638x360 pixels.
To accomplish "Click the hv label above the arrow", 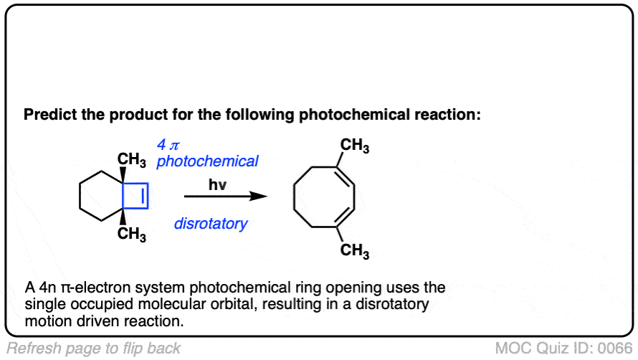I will [217, 186].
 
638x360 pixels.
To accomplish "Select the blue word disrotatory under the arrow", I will [210, 224].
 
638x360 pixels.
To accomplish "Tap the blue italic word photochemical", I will [207, 161].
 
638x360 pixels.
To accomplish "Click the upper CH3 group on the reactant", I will [132, 161].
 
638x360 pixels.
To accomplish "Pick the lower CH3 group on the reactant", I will [132, 234].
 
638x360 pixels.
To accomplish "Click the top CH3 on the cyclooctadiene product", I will [355, 147].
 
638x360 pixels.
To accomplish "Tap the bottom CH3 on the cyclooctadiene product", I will [355, 250].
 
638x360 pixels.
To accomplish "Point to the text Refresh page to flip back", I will [92, 349].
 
